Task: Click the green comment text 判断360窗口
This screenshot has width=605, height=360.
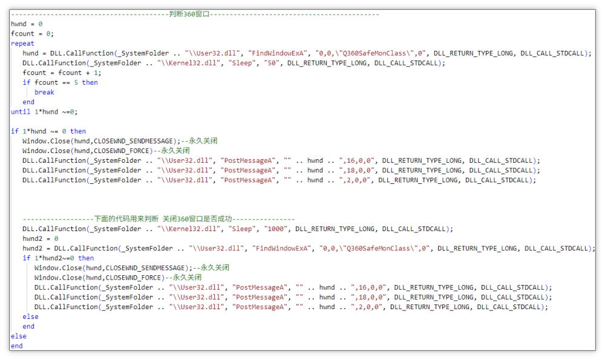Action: tap(189, 15)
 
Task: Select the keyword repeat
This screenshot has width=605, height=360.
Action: tap(22, 44)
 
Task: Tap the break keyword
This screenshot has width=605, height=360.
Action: tap(44, 92)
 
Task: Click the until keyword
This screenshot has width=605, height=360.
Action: tap(21, 111)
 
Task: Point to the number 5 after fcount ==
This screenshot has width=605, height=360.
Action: tap(76, 82)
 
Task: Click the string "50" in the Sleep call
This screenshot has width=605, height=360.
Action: tap(272, 63)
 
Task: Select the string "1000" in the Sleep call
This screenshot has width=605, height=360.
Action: tap(276, 229)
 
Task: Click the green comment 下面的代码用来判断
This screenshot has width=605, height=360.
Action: tap(126, 219)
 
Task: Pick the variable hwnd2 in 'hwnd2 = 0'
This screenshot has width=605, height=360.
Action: tap(33, 238)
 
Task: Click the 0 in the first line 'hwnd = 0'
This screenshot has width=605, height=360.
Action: tap(41, 24)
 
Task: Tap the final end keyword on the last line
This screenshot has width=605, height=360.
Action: tap(16, 345)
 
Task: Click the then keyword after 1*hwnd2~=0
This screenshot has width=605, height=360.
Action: tap(86, 258)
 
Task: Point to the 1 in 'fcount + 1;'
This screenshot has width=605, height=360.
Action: tap(96, 73)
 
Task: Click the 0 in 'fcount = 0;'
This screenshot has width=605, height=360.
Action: tap(48, 33)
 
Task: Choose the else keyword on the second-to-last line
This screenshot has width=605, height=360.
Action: tap(19, 336)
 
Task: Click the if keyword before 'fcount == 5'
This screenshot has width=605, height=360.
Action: tap(26, 82)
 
